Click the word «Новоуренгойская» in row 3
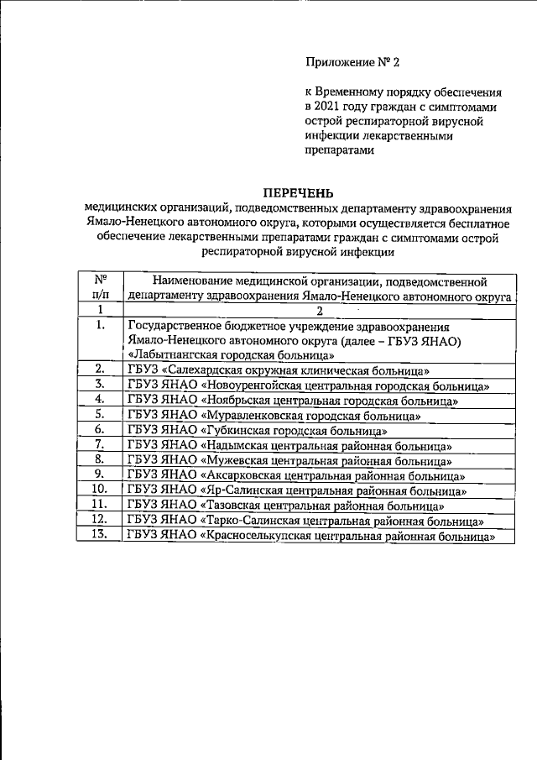click(256, 385)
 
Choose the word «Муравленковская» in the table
click(255, 415)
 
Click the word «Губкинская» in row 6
click(239, 430)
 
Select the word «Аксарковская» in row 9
click(245, 475)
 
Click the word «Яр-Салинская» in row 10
click(242, 490)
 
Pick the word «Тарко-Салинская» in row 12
click(252, 521)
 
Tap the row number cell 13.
click(101, 536)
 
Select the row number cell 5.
click(101, 415)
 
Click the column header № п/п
click(101, 287)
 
